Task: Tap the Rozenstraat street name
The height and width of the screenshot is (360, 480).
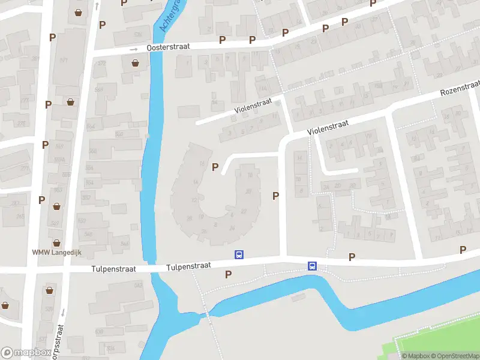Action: click(459, 89)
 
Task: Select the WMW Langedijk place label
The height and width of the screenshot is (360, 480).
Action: click(56, 253)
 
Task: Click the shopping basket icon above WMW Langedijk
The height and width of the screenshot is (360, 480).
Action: click(56, 243)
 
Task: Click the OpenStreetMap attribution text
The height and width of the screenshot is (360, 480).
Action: click(454, 356)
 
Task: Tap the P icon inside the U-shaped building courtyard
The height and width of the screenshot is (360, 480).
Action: click(215, 167)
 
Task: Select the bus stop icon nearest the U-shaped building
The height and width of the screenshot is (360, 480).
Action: click(239, 254)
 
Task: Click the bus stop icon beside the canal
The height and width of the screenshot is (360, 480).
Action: click(312, 266)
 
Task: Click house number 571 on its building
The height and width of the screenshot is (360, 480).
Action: click(64, 61)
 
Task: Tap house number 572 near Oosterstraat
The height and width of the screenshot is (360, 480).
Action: click(101, 63)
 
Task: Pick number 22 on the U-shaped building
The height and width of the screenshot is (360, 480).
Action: click(244, 211)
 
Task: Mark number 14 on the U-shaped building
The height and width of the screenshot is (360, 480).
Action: click(195, 182)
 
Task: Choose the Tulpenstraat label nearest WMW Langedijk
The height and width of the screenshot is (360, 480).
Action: click(113, 270)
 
